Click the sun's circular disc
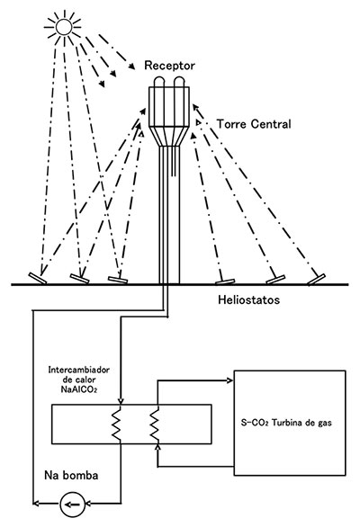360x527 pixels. pyautogui.click(x=64, y=27)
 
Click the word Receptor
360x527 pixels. pyautogui.click(x=169, y=66)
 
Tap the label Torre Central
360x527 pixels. pyautogui.click(x=254, y=124)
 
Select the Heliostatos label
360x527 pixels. pyautogui.click(x=248, y=299)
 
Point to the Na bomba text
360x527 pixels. pyautogui.click(x=71, y=475)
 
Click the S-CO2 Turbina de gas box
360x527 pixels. pyautogui.click(x=290, y=423)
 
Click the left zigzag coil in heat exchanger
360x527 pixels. pyautogui.click(x=116, y=424)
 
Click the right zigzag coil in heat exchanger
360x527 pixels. pyautogui.click(x=154, y=424)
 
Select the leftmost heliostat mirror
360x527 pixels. pyautogui.click(x=38, y=278)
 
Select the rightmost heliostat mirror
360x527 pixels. pyautogui.click(x=316, y=280)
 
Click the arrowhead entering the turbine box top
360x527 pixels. pyautogui.click(x=230, y=380)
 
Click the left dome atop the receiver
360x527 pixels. pyautogui.click(x=159, y=82)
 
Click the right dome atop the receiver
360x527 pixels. pyautogui.click(x=179, y=82)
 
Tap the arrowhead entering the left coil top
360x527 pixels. pyautogui.click(x=121, y=401)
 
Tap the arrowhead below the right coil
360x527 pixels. pyautogui.click(x=157, y=446)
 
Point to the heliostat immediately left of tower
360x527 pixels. pyautogui.click(x=118, y=280)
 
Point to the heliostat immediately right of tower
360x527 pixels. pyautogui.click(x=225, y=281)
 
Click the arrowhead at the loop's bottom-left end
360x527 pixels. pyautogui.click(x=36, y=503)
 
